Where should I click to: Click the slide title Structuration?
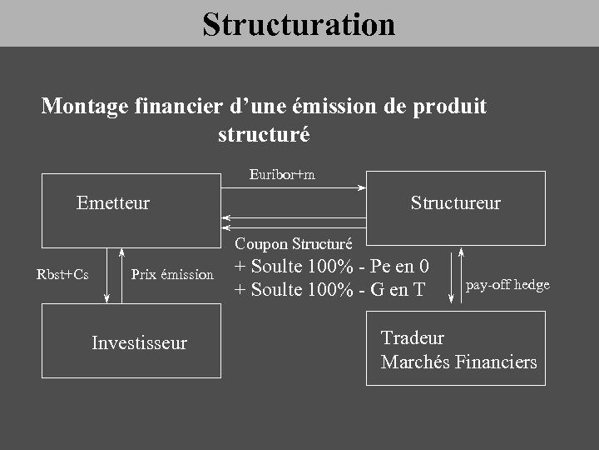point(299,23)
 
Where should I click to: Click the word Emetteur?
point(113,202)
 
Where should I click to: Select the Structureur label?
point(455,202)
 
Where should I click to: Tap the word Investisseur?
point(139,342)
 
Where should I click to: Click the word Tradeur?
point(412,337)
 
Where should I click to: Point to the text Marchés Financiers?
point(458,362)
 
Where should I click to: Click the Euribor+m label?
point(282,174)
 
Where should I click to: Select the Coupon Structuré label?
point(294,244)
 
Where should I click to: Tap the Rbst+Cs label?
point(62,274)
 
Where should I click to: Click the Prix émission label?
point(172,274)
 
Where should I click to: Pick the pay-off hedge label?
point(507,285)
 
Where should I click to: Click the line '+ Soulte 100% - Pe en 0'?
point(332,267)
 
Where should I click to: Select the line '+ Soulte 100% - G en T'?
point(329,289)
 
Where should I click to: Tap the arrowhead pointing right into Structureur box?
point(362,188)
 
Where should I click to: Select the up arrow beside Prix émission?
point(121,252)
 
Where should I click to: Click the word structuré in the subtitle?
point(263,133)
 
